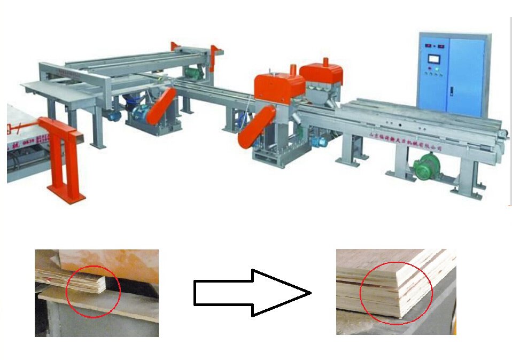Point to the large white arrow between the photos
point(251,292)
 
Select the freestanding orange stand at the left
point(63,158)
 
